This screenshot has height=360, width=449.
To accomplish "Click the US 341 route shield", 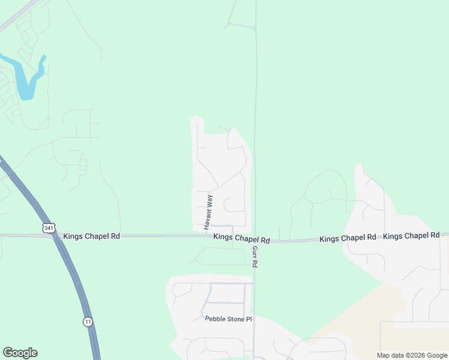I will (x=49, y=228).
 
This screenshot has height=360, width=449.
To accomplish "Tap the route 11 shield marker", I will (x=88, y=322).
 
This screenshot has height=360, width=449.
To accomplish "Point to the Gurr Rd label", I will (x=255, y=256).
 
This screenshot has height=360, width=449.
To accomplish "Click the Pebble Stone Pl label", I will (x=228, y=319).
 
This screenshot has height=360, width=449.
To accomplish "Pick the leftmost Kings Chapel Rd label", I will (x=91, y=236).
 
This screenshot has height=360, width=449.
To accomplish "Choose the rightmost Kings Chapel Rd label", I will (x=411, y=236).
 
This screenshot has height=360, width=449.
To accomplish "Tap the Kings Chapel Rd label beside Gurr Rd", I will (x=241, y=238).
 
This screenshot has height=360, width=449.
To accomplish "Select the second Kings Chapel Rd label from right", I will (x=348, y=238).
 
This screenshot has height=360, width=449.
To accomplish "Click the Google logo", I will (x=20, y=353).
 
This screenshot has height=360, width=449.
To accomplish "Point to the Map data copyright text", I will (x=412, y=355).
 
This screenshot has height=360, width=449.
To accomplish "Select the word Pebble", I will (x=215, y=319).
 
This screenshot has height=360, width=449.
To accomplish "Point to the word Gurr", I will (x=255, y=252).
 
